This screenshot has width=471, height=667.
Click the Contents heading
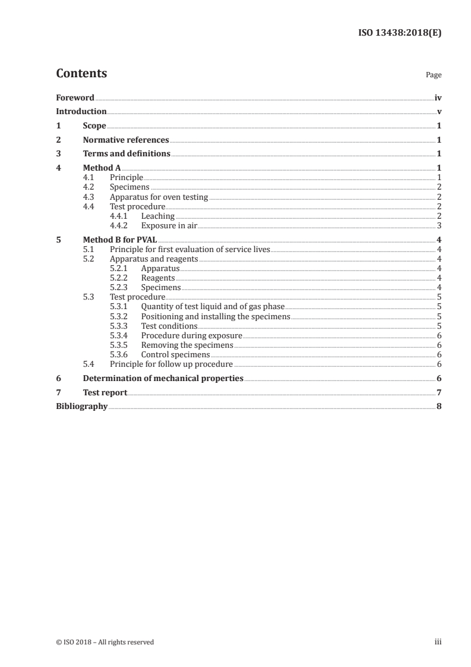(81, 74)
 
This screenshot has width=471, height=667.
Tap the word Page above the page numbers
(433, 75)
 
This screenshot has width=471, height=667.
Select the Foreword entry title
(75, 97)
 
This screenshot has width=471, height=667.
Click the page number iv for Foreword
(438, 97)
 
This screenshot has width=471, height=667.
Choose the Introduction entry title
(81, 112)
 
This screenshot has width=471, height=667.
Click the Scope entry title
(94, 126)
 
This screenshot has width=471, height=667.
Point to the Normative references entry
(126, 140)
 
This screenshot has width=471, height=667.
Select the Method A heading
(102, 168)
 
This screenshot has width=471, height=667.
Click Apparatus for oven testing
(159, 197)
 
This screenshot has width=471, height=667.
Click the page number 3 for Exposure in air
(439, 226)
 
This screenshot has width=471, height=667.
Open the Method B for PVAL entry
(115, 240)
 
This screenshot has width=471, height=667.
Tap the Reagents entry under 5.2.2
(158, 278)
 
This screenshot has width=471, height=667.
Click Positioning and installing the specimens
(216, 317)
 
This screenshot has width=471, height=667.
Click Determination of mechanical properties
(163, 379)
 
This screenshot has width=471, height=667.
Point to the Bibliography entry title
(82, 407)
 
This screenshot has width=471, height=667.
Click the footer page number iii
(438, 642)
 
